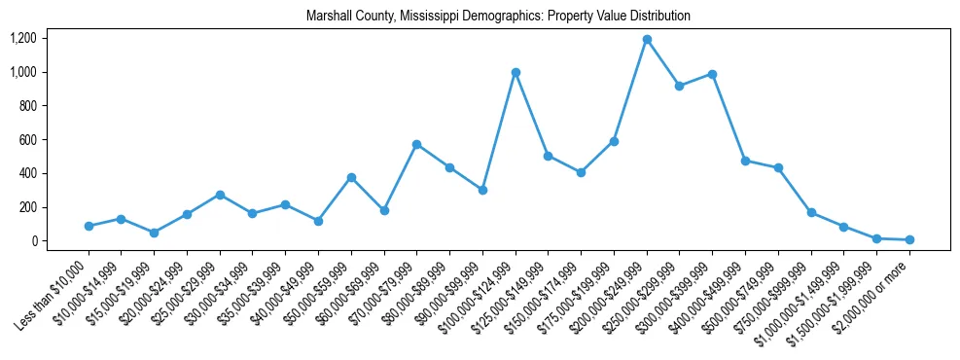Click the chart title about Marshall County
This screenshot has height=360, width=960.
pyautogui.click(x=498, y=17)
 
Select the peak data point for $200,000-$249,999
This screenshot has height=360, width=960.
pyautogui.click(x=647, y=40)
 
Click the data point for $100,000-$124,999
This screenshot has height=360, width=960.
pyautogui.click(x=516, y=72)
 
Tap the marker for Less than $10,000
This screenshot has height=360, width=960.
pyautogui.click(x=89, y=226)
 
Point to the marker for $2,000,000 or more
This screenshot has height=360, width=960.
pyautogui.click(x=909, y=239)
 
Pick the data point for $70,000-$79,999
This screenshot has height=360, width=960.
pyautogui.click(x=416, y=144)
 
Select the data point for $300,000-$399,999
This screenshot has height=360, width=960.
pyautogui.click(x=712, y=74)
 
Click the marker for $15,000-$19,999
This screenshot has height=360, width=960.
pyautogui.click(x=155, y=233)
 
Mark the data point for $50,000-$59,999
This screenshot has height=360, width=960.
pyautogui.click(x=351, y=177)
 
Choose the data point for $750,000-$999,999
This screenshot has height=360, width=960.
pyautogui.click(x=811, y=212)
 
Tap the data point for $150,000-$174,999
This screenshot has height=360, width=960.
pyautogui.click(x=581, y=172)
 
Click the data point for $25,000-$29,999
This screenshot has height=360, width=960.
pyautogui.click(x=220, y=195)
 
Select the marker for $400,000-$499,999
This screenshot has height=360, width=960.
pyautogui.click(x=745, y=161)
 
